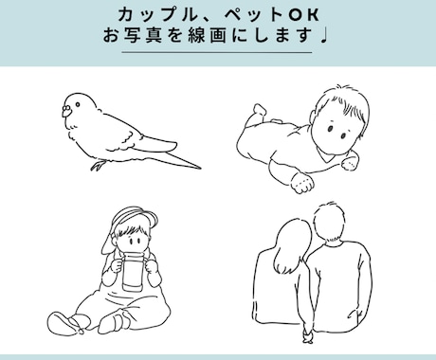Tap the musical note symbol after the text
pyautogui.click(x=324, y=36)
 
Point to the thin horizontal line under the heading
pyautogui.click(x=217, y=52)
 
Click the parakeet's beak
pyautogui.click(x=65, y=111)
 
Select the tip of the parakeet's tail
pyautogui.click(x=200, y=168)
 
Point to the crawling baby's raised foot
pyautogui.click(x=260, y=110)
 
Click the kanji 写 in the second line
pyautogui.click(x=132, y=35)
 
